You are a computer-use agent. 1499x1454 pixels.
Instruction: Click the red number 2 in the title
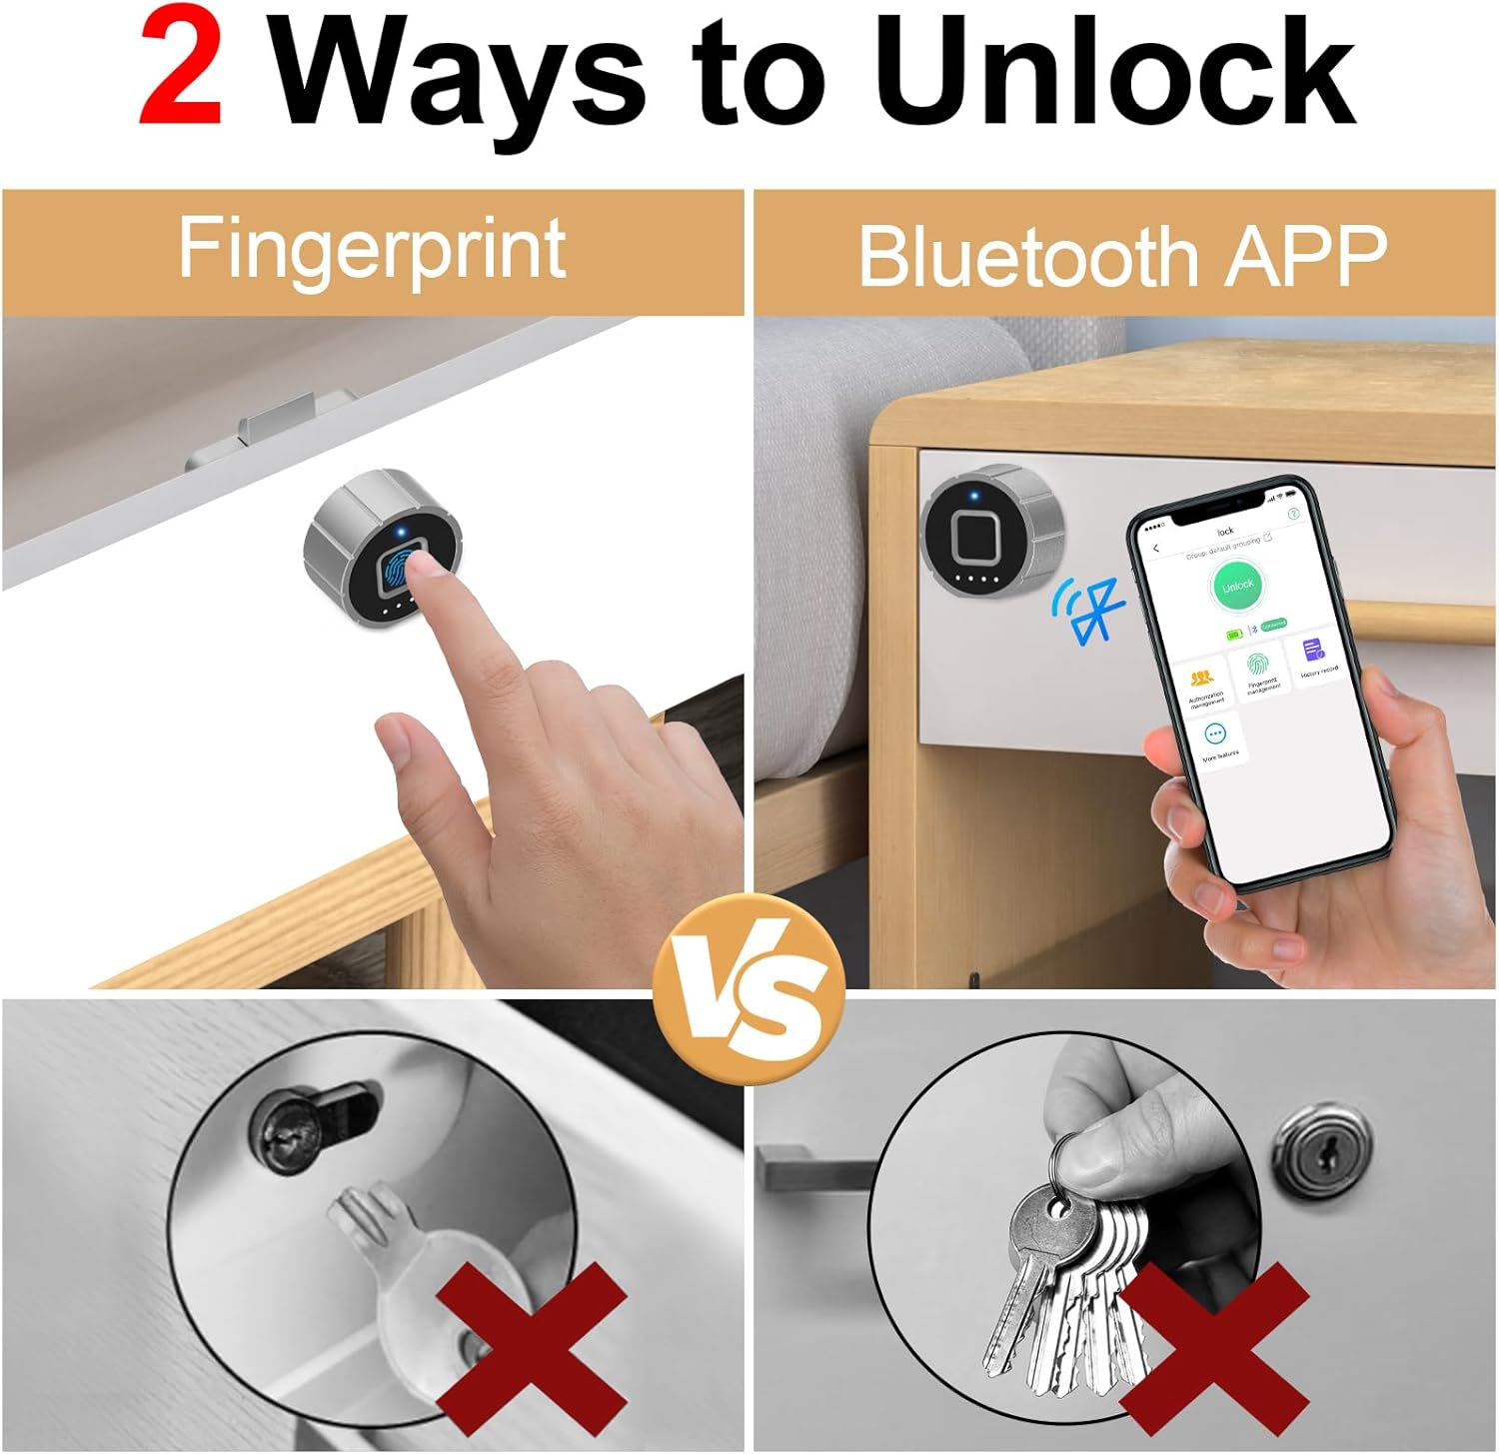click(x=181, y=73)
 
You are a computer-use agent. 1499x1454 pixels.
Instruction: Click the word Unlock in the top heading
click(x=1117, y=73)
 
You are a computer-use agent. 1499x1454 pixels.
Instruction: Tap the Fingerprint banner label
click(x=372, y=249)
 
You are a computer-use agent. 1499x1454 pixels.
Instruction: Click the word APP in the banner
click(x=1306, y=255)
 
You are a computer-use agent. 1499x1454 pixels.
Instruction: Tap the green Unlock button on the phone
click(x=1237, y=586)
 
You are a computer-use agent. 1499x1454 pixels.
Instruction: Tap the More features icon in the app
click(x=1215, y=735)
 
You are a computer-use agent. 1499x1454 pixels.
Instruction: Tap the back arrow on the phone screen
click(x=1156, y=549)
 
